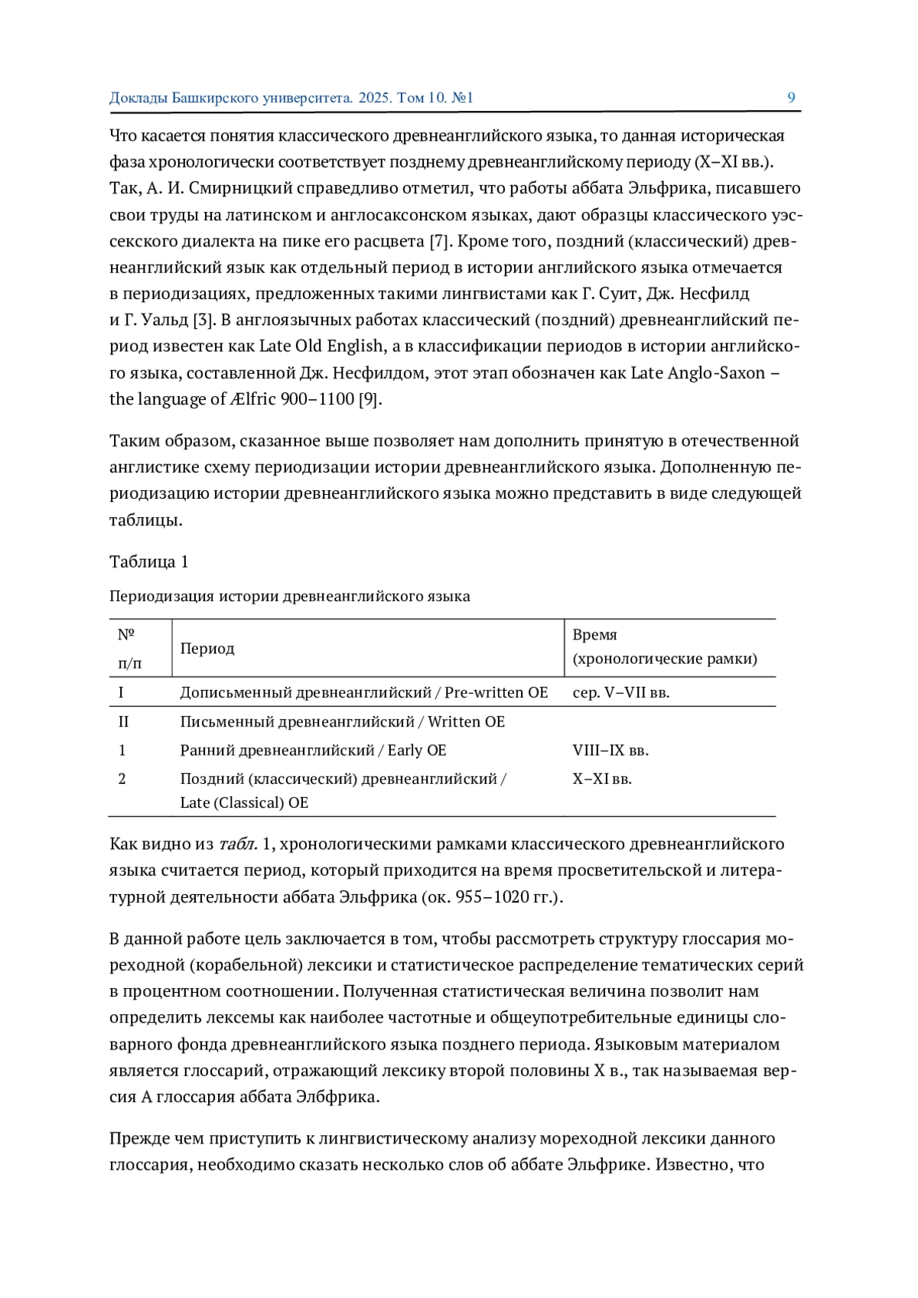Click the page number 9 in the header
[791, 97]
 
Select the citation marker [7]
[438, 242]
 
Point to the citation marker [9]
[369, 399]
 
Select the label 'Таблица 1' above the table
[148, 562]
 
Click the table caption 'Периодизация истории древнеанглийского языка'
[289, 597]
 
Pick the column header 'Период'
[207, 649]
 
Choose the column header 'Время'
[594, 635]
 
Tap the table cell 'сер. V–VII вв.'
[620, 693]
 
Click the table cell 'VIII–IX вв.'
[610, 750]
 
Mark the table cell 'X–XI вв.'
[602, 779]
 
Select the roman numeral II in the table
[123, 722]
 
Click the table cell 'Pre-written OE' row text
[496, 693]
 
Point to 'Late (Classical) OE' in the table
[244, 803]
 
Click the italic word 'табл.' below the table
[237, 844]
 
